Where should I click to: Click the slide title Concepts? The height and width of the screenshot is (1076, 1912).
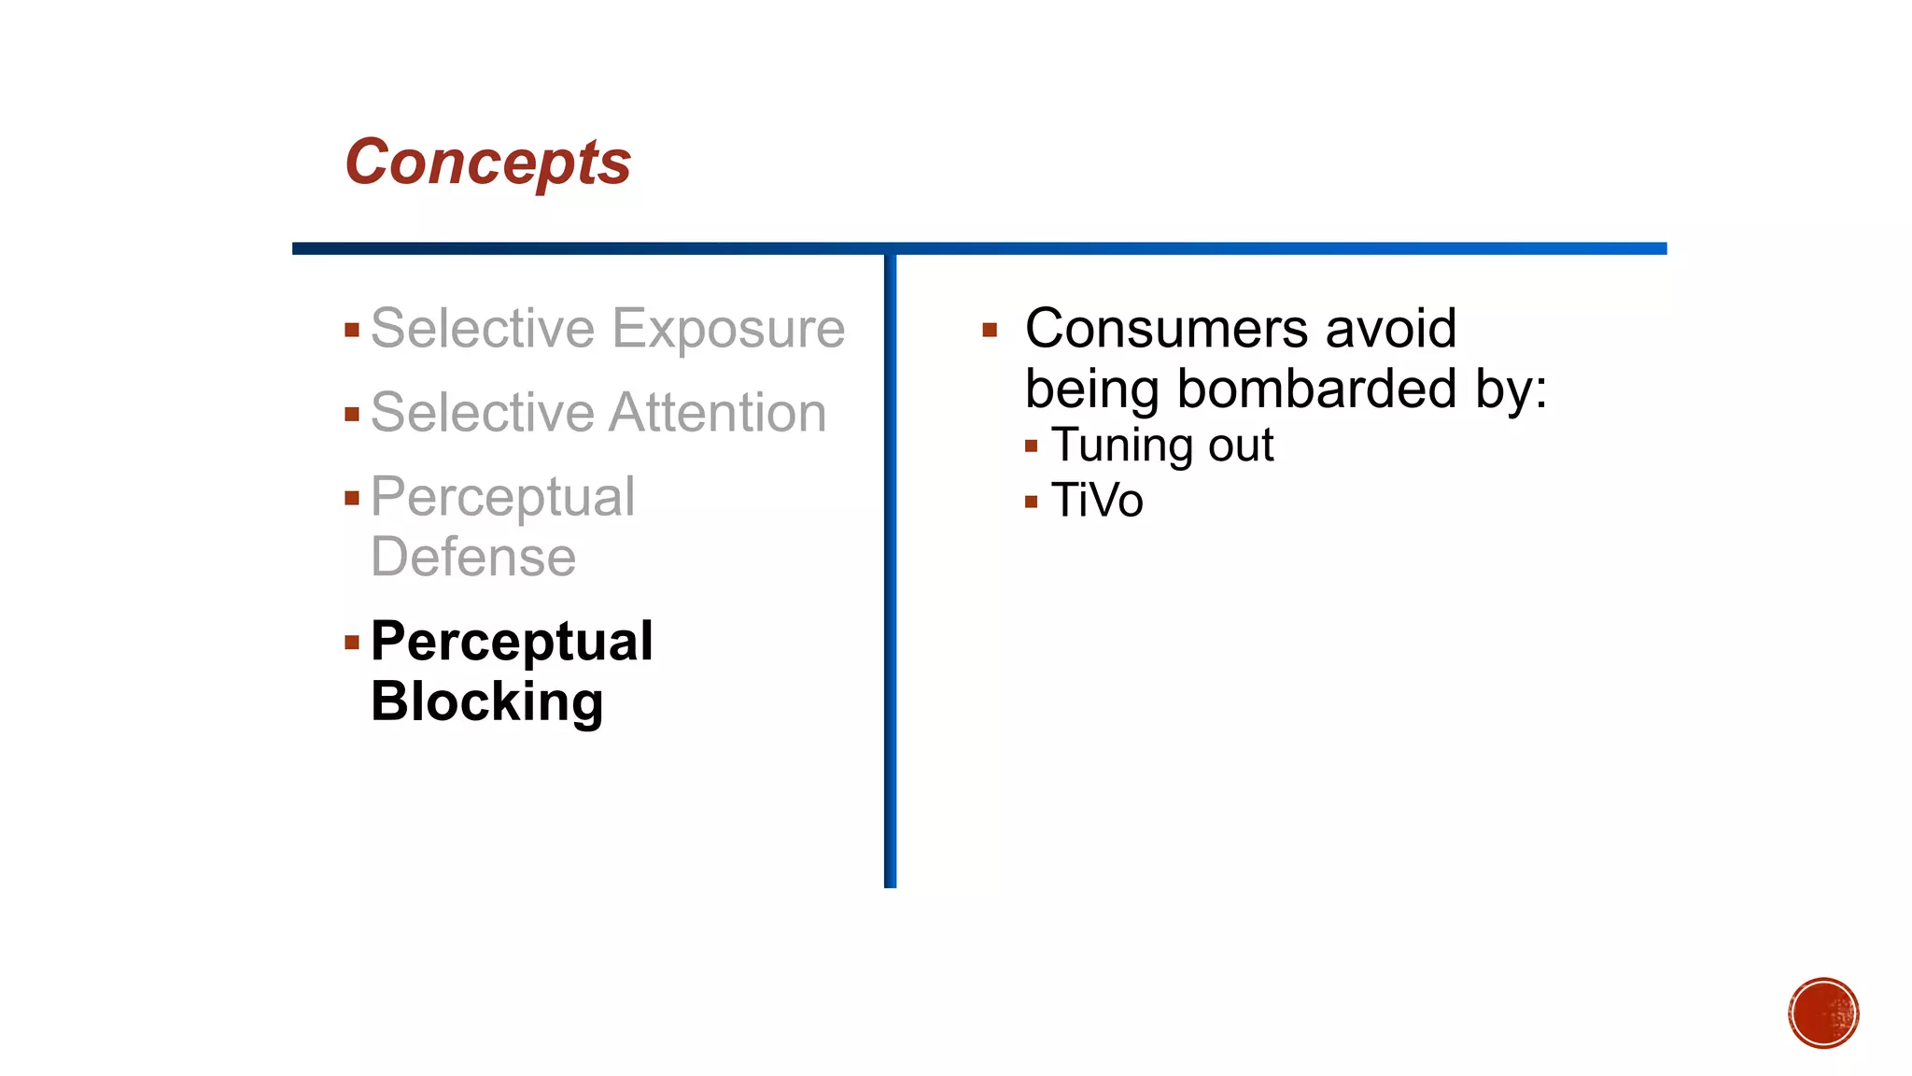click(x=487, y=163)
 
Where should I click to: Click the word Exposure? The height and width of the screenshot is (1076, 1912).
click(x=728, y=329)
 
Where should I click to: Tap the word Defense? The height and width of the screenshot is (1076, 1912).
click(x=473, y=558)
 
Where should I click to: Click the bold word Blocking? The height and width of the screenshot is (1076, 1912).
click(x=486, y=701)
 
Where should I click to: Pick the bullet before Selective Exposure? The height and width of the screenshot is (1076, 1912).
click(x=352, y=330)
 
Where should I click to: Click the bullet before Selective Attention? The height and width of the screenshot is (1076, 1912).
click(x=352, y=414)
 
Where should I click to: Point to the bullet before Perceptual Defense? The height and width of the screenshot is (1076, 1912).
click(x=352, y=498)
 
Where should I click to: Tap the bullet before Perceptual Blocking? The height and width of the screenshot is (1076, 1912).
click(x=352, y=642)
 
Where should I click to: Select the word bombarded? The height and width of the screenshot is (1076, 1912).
click(x=1316, y=389)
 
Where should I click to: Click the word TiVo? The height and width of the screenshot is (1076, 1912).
click(x=1097, y=501)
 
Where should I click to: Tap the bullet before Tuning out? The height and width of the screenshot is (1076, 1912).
click(x=1031, y=446)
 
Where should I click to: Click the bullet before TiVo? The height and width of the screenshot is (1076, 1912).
click(x=1031, y=502)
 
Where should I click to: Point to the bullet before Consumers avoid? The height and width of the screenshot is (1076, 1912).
click(x=990, y=330)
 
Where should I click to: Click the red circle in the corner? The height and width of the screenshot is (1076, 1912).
click(x=1823, y=1012)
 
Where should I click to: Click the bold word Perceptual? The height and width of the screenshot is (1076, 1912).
click(x=512, y=642)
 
